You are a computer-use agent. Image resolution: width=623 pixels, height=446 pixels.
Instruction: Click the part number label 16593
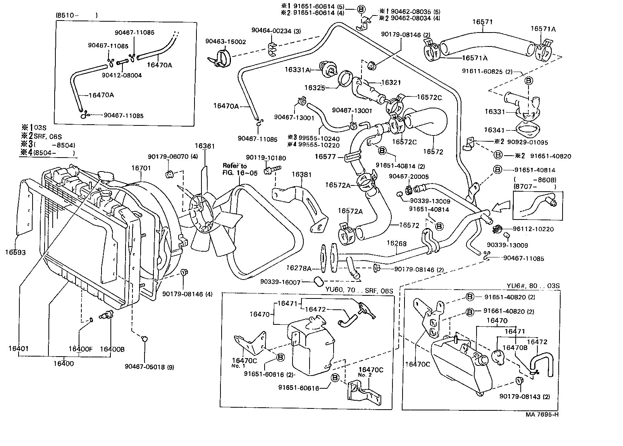[15, 253]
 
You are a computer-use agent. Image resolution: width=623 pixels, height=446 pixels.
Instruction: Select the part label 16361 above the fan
[205, 146]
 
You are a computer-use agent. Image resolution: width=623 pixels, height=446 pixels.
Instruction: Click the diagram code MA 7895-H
[542, 414]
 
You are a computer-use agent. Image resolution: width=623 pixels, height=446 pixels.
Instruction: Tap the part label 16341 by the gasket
[495, 130]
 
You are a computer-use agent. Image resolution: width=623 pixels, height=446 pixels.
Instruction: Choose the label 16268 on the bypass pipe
[396, 243]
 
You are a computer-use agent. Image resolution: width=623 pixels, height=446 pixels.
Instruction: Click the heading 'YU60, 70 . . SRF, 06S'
[359, 291]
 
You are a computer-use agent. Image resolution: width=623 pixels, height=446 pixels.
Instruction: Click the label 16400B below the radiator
[112, 349]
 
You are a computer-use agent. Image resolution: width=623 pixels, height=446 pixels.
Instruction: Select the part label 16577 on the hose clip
[325, 157]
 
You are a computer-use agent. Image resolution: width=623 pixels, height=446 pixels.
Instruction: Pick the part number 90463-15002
[225, 41]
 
